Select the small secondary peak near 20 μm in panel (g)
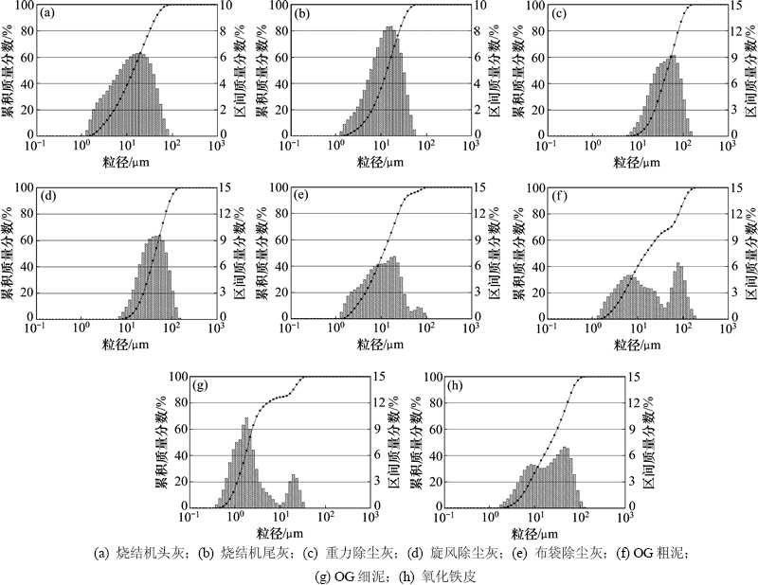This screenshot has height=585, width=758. coord(294,491)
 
